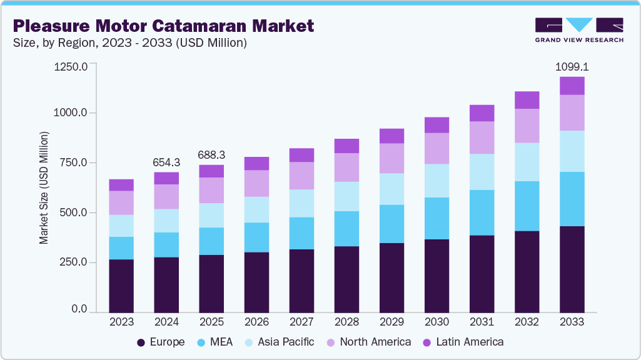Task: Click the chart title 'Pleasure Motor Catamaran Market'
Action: click(x=163, y=26)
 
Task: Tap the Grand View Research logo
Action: click(x=579, y=30)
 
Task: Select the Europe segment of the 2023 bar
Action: click(x=121, y=286)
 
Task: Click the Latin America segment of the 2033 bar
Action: click(x=572, y=86)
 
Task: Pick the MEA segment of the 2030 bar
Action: click(x=437, y=218)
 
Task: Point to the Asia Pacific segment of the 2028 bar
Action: click(x=346, y=196)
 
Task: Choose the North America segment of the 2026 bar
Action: click(x=256, y=183)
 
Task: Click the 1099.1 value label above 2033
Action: click(x=572, y=66)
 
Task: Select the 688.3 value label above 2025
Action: click(x=211, y=154)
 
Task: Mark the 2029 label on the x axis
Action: click(x=391, y=322)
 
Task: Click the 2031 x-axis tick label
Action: click(x=482, y=322)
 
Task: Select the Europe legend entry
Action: click(x=161, y=342)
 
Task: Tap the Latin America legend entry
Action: click(x=463, y=342)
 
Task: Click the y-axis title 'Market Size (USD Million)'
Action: click(x=44, y=187)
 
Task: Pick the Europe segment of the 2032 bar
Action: click(x=527, y=271)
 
